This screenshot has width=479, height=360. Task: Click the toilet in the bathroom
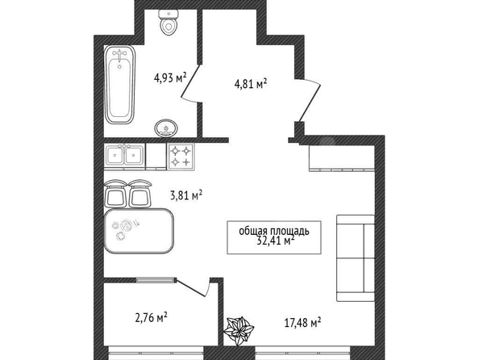(169, 22)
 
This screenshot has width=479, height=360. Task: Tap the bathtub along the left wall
(119, 85)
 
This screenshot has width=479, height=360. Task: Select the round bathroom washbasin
(166, 128)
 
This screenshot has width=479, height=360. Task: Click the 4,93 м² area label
(170, 77)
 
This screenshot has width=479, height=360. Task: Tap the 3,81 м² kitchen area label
(186, 195)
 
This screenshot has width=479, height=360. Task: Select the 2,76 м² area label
(152, 317)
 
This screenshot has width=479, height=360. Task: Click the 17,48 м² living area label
(302, 322)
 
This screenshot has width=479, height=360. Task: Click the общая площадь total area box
(274, 237)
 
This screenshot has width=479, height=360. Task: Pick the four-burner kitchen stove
(181, 156)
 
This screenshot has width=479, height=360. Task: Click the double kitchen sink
(124, 155)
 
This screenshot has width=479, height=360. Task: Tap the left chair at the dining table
(115, 193)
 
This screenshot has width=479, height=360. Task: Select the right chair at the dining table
(140, 193)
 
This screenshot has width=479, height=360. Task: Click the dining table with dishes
(139, 231)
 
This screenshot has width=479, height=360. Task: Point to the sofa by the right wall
(356, 258)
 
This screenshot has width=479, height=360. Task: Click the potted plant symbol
(239, 331)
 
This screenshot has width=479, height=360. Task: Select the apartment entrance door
(309, 99)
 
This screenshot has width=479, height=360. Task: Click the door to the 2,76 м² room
(193, 287)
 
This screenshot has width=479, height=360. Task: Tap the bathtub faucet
(119, 55)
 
